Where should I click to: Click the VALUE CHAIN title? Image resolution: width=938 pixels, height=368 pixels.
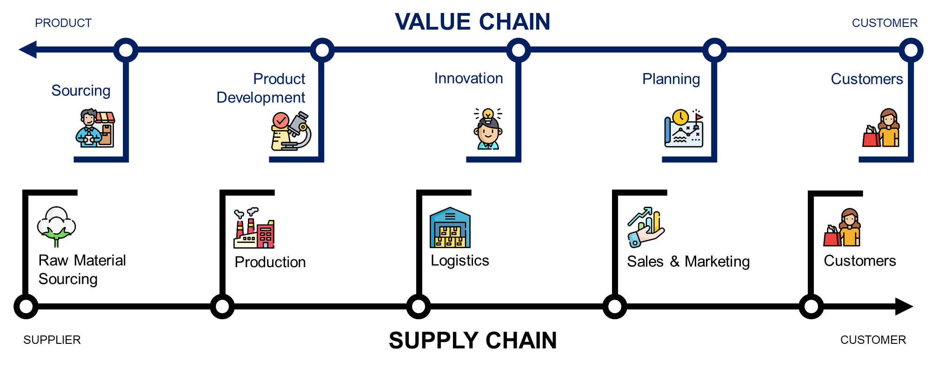pos(472,22)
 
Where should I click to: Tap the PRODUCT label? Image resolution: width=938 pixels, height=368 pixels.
pos(63,23)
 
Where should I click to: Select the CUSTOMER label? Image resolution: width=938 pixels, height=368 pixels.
pos(885,23)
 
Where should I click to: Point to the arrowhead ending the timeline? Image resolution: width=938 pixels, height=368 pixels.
pos(28,50)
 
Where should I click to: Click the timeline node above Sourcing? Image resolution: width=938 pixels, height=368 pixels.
pos(126,50)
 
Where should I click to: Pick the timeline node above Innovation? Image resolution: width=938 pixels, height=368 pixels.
pos(518,50)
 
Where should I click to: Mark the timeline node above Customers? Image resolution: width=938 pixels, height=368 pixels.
pos(911,50)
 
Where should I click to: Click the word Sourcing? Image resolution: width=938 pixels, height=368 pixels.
pos(81,90)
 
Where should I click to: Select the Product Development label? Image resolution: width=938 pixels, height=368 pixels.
pos(261,88)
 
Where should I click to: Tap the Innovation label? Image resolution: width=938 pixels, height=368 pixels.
pos(468,78)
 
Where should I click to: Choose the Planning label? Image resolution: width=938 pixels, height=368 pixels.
pos(671,79)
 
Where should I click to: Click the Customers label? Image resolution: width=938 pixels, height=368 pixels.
pos(867,79)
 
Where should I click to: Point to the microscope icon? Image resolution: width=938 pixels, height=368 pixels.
pos(291,131)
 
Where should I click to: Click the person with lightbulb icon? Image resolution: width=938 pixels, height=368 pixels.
pos(488,130)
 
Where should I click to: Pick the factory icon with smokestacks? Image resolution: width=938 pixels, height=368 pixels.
pos(254,228)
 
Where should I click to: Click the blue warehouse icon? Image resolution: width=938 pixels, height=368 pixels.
pos(450,228)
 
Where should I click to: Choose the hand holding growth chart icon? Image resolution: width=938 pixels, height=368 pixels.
pos(646,227)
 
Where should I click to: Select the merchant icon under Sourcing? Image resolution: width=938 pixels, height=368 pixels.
pos(95,129)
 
